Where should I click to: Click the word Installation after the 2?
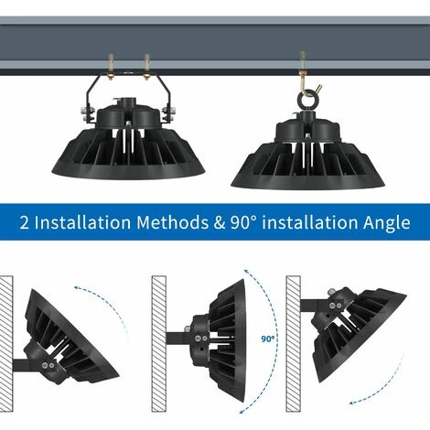82,222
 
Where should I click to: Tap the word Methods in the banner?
172,222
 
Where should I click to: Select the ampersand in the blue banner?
220,222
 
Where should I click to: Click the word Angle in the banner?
386,223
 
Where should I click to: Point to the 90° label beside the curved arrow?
268,339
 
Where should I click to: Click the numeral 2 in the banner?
25,222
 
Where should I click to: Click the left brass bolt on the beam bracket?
111,67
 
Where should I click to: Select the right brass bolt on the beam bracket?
146,67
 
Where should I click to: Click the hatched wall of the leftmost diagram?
6,344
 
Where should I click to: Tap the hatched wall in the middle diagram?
159,344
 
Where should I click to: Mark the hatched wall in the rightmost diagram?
293,344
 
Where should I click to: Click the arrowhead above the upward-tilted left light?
77,288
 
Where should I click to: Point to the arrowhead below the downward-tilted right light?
352,403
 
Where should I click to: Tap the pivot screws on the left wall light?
48,365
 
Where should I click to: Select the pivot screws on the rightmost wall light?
335,306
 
